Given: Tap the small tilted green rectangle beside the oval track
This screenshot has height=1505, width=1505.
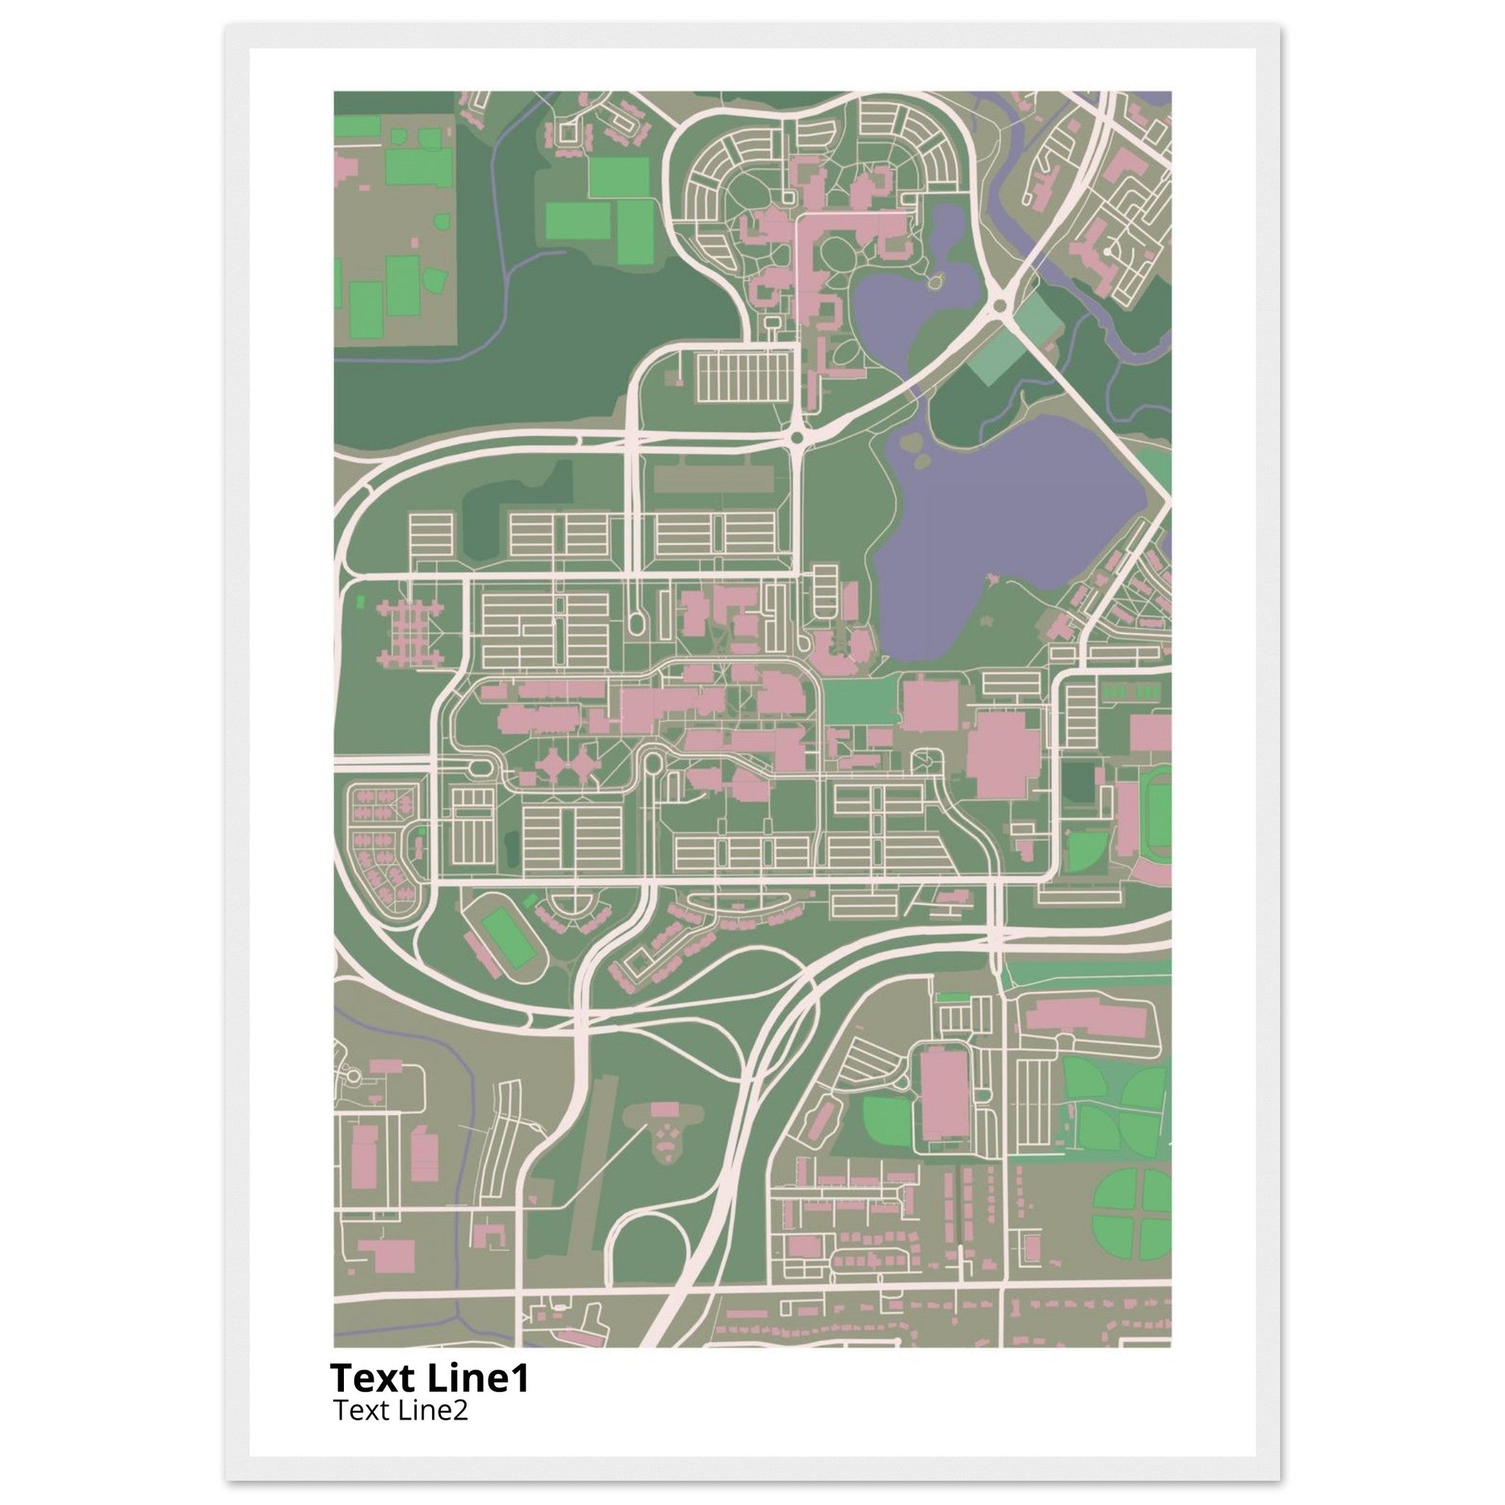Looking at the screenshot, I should point(531,900).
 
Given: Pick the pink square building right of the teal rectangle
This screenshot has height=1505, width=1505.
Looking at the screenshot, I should point(930,705).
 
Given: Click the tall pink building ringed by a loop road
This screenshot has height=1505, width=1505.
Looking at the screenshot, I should point(944,1103).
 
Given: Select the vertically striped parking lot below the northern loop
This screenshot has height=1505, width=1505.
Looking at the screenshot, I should point(743,377).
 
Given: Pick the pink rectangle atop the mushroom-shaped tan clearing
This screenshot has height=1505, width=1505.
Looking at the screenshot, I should point(664,1109).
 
